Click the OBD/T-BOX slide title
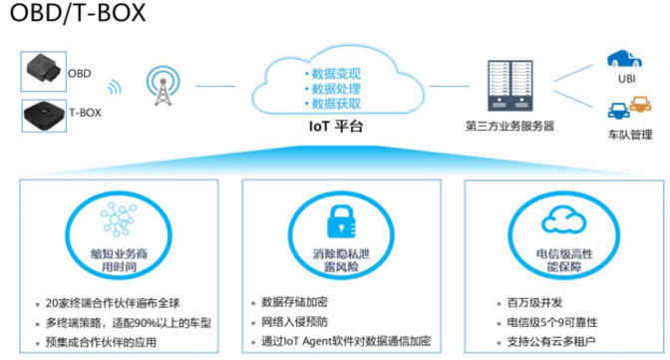tap(76, 14)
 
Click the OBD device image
tap(42, 71)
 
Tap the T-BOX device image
tap(41, 115)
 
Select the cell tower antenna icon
tap(159, 89)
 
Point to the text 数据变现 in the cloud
tap(336, 73)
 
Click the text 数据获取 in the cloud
tap(336, 103)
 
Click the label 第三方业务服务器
tap(509, 127)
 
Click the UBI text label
tap(627, 79)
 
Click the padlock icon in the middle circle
tap(336, 218)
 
